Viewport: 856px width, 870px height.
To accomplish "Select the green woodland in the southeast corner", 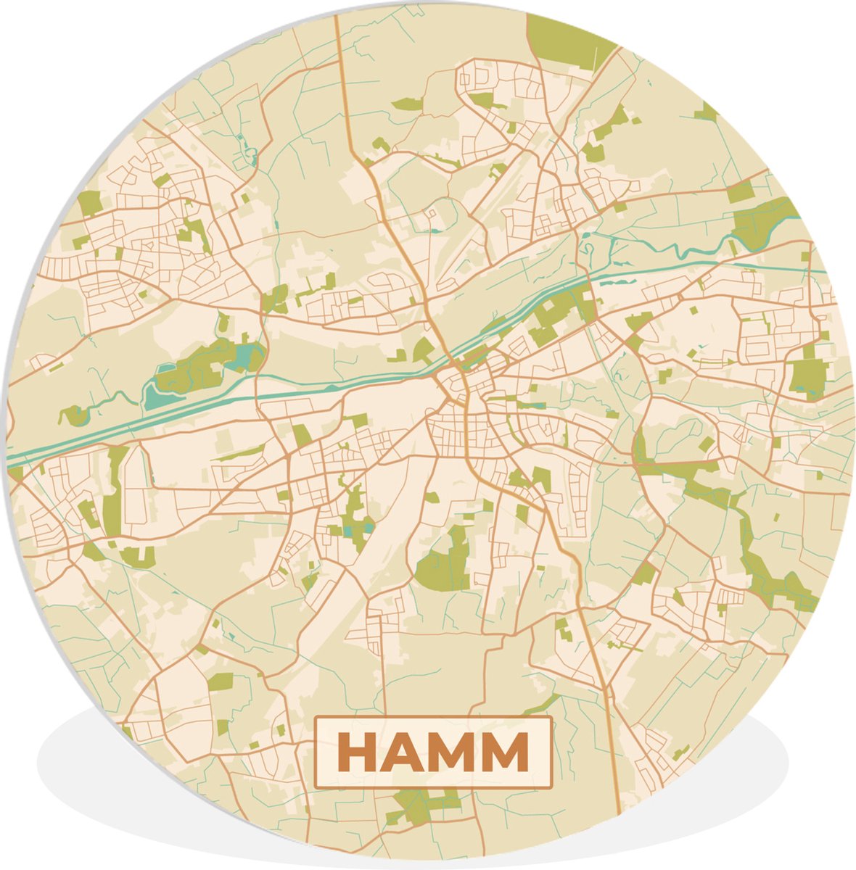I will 776,580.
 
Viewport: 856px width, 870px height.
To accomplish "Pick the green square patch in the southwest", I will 221,681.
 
